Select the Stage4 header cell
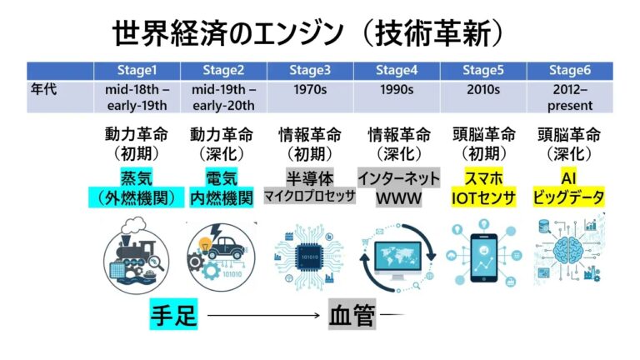(x=396, y=70)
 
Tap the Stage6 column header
(x=571, y=70)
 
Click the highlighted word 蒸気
(x=136, y=177)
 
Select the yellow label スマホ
(x=484, y=177)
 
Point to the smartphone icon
(x=483, y=251)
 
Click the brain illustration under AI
(x=569, y=249)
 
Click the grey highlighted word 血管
(x=352, y=316)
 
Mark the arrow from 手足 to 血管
(x=263, y=316)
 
